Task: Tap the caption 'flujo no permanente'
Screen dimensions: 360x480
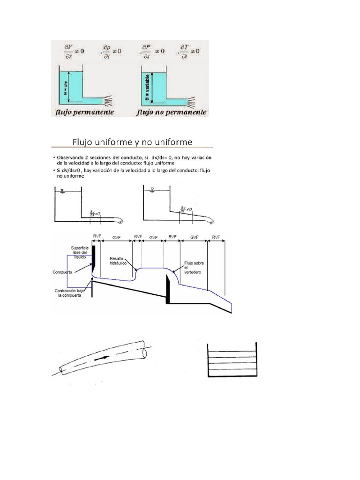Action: point(172,112)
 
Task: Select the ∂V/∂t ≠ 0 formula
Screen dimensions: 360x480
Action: point(72,50)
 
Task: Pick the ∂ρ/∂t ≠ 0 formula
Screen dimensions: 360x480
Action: point(111,50)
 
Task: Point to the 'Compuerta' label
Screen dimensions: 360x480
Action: point(63,271)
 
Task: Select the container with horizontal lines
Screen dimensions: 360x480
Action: point(232,362)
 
